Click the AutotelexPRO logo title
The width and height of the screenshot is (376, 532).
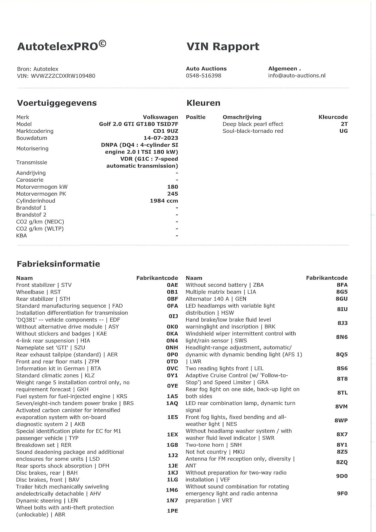click(61, 46)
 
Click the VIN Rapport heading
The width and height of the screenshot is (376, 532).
click(223, 46)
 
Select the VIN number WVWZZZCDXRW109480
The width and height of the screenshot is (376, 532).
click(63, 76)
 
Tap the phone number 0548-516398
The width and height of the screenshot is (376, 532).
click(203, 76)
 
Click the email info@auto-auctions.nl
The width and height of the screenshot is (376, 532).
click(297, 76)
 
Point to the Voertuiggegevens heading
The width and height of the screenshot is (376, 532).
click(57, 103)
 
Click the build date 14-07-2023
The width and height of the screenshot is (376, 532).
click(161, 138)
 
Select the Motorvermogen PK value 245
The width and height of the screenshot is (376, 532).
click(172, 194)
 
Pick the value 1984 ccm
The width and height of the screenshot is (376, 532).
click(164, 201)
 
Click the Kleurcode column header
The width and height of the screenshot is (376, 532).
click(333, 117)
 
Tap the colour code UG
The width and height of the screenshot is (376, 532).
click(343, 131)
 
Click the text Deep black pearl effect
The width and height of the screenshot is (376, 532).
click(253, 124)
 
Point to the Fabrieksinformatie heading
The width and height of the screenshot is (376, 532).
click(58, 264)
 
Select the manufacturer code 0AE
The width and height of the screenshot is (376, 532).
click(172, 285)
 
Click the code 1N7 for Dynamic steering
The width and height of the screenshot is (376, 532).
click(172, 501)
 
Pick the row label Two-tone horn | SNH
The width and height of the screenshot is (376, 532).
click(213, 445)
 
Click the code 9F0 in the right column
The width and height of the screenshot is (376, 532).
click(342, 493)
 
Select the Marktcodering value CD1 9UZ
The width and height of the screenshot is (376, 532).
click(165, 131)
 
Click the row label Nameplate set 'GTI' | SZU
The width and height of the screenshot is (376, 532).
click(50, 348)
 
